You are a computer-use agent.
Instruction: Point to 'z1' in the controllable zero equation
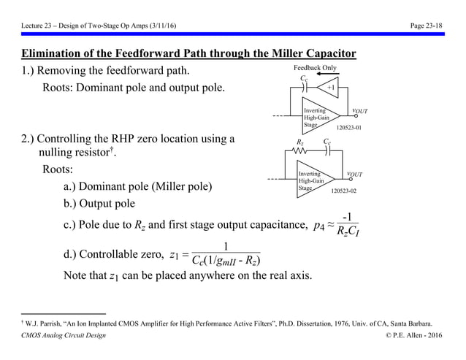click(173, 254)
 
